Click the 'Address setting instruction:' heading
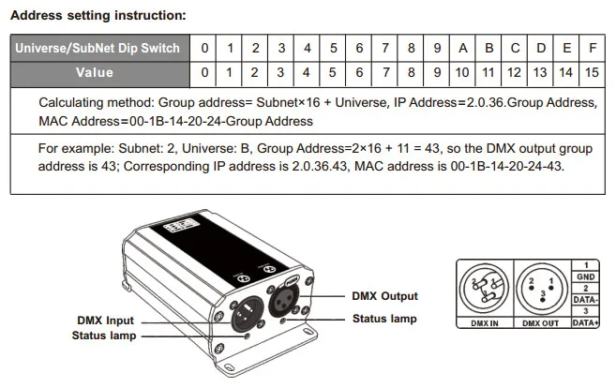[x=98, y=15]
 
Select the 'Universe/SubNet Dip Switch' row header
[x=100, y=49]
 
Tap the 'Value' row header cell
[x=100, y=74]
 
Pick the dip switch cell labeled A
[x=462, y=49]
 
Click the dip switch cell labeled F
[x=593, y=49]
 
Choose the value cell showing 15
[x=593, y=73]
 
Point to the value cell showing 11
[x=488, y=73]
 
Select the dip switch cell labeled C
[x=515, y=49]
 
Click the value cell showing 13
[x=540, y=73]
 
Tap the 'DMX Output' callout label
[x=385, y=296]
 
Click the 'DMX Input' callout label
[x=106, y=321]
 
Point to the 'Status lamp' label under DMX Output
[x=384, y=319]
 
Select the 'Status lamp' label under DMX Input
[x=104, y=336]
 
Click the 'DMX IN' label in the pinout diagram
[x=485, y=323]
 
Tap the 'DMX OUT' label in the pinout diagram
[x=541, y=323]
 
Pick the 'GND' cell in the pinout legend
[x=585, y=276]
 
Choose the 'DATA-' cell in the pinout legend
[x=585, y=300]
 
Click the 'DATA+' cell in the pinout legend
[x=585, y=322]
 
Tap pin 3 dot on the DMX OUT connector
[x=543, y=301]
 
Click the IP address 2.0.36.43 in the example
[x=320, y=166]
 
